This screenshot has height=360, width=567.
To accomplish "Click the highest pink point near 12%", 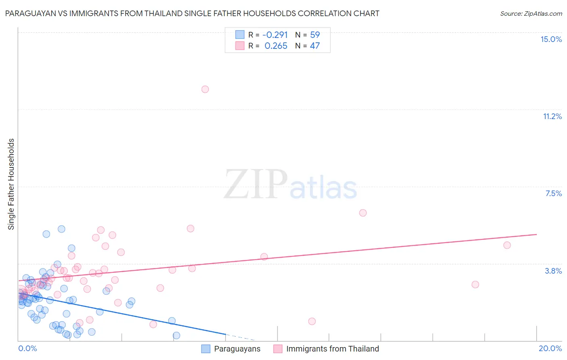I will point(205,89).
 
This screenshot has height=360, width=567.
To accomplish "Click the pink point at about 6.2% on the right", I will point(363,213).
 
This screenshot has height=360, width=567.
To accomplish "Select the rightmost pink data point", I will point(507,245).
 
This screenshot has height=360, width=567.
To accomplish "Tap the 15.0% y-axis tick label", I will point(551,39).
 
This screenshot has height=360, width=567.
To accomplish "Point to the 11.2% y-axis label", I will point(552,116).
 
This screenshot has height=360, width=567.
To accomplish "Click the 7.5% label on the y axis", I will point(553,193).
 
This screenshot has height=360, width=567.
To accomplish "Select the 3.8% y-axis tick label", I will point(553,271).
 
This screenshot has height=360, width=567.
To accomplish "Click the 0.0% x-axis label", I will point(27,348).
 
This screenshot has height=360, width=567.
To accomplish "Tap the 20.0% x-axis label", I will point(550,348).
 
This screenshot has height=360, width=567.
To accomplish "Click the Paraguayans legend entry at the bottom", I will point(237,349).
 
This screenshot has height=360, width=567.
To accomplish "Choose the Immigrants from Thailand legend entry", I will point(332,349).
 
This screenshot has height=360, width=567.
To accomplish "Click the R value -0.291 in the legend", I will point(275,35).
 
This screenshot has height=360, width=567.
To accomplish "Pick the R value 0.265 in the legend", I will point(276,46).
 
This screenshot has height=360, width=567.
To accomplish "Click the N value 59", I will point(315,35).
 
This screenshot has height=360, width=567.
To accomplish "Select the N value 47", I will point(315,46).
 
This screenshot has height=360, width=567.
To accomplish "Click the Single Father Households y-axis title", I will point(11,184).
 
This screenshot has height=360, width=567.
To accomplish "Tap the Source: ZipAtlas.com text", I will point(531,14).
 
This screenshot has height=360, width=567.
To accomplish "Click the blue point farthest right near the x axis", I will point(176,335).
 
